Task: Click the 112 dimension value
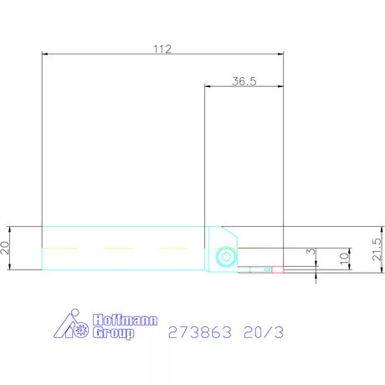(162, 49)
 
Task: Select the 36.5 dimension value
(244, 81)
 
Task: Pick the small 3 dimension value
(311, 251)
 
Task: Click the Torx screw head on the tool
(223, 258)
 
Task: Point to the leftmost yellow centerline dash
(59, 248)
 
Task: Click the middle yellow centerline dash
(118, 248)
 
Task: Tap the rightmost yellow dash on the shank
(173, 248)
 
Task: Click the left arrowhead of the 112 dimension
(46, 54)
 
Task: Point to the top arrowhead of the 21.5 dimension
(369, 229)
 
